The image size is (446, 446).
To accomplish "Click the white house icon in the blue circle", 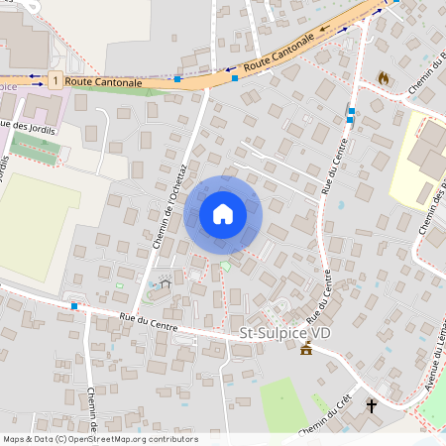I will [223, 214].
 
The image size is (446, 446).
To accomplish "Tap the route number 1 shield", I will [56, 79].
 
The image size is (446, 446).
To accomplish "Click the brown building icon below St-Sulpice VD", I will [306, 350].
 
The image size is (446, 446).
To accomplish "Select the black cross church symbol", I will [372, 405].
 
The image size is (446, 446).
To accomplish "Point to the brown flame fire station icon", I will [384, 76].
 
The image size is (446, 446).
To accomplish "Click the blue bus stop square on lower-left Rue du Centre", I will [74, 306].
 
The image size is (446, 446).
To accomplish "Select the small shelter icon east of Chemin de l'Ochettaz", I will [166, 284].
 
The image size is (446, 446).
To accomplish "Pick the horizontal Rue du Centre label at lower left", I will [149, 321].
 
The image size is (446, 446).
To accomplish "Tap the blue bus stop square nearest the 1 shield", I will [177, 78].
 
